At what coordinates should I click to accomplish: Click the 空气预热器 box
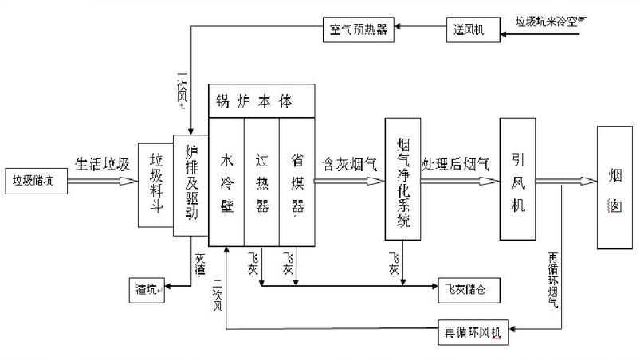358,31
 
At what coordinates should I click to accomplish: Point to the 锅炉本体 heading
254,101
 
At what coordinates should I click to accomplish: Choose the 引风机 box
516,180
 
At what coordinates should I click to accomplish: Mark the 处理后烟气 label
456,164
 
